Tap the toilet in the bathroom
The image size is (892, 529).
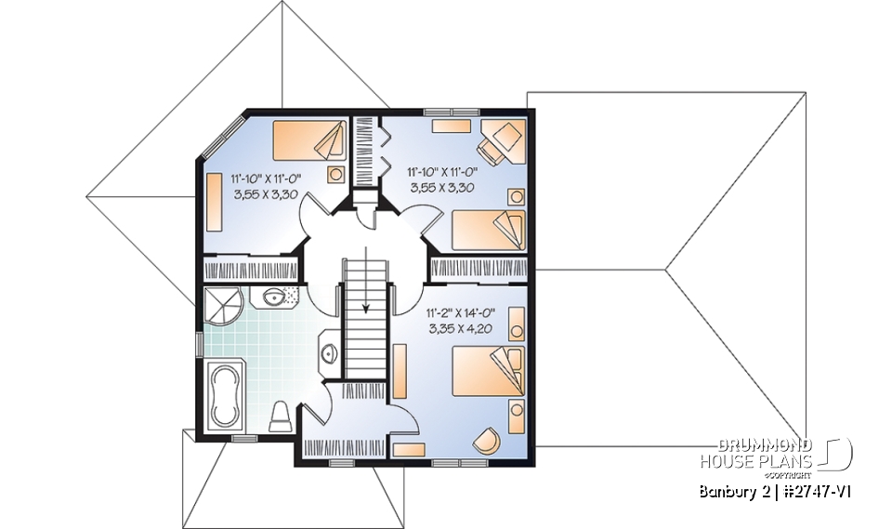point(280,417)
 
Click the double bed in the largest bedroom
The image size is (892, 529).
point(487,370)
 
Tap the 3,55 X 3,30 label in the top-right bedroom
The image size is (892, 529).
point(440,187)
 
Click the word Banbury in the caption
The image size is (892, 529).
point(728,491)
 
